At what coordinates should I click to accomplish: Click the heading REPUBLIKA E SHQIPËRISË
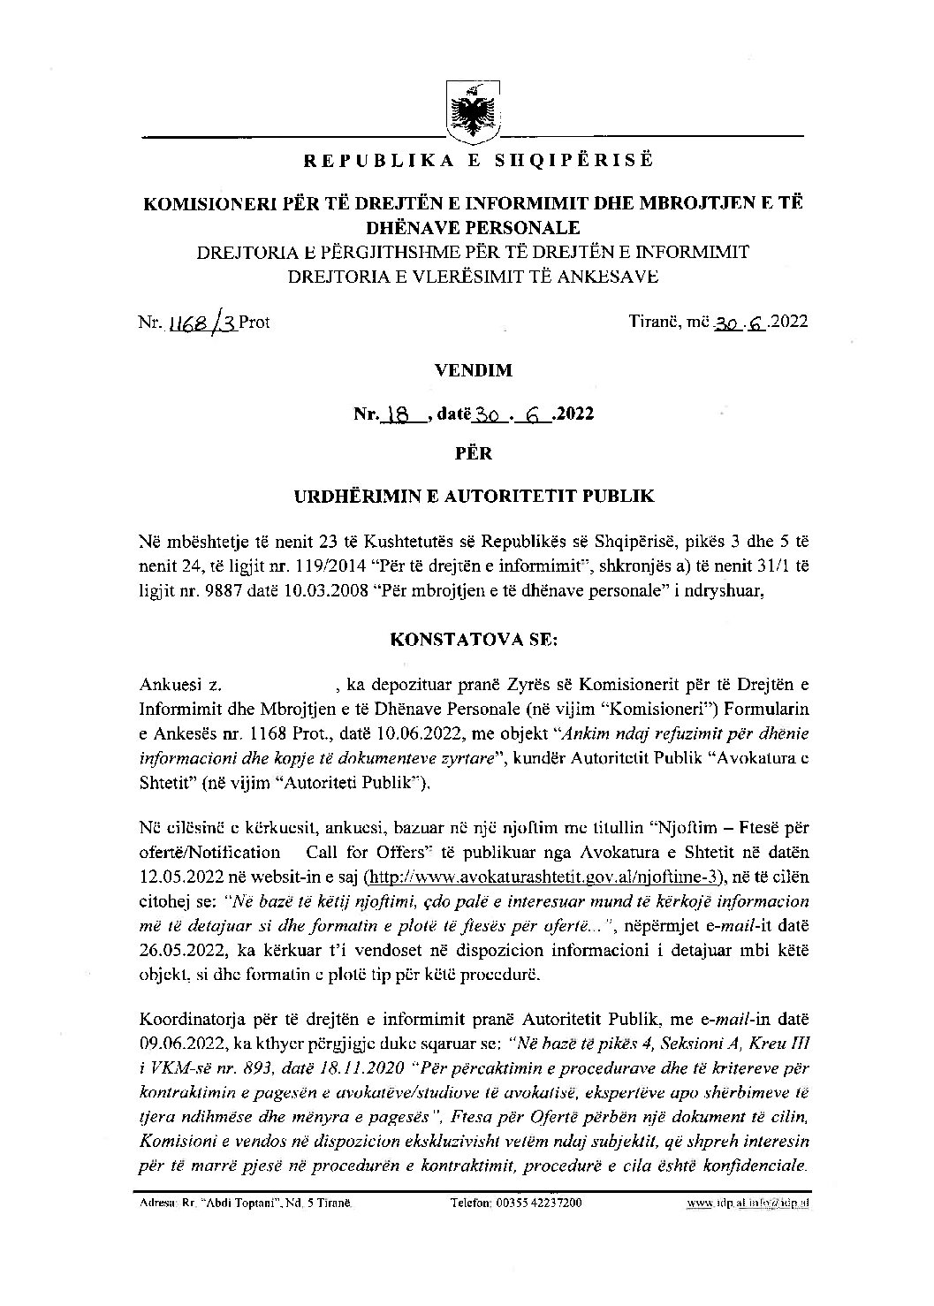click(477, 162)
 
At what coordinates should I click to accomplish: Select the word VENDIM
click(474, 371)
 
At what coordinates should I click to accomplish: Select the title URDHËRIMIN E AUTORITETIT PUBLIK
click(474, 496)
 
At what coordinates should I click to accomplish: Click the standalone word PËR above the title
click(474, 454)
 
